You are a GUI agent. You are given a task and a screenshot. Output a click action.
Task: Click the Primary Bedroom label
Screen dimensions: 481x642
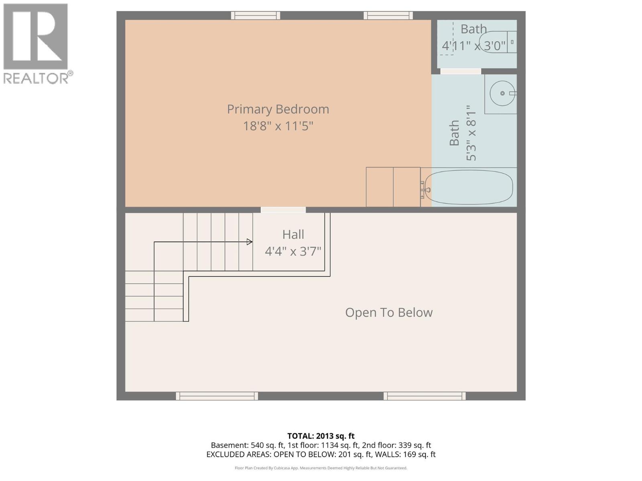pyautogui.click(x=278, y=109)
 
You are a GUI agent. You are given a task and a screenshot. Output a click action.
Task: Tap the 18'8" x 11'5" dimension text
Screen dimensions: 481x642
pyautogui.click(x=278, y=126)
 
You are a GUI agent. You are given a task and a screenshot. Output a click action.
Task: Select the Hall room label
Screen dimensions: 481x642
pyautogui.click(x=293, y=234)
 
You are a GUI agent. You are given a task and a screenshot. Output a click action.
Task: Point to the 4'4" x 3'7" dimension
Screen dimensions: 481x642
pyautogui.click(x=293, y=251)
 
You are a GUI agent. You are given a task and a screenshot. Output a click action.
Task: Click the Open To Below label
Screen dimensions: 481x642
pyautogui.click(x=389, y=313)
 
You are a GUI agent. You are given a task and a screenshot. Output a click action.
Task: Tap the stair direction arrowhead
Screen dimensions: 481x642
pyautogui.click(x=250, y=242)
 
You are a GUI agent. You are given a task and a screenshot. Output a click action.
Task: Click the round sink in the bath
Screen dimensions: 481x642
pyautogui.click(x=502, y=93)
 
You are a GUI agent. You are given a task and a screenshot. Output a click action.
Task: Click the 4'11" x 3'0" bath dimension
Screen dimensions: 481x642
pyautogui.click(x=473, y=46)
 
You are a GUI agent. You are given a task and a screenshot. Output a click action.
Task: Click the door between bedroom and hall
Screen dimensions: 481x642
pyautogui.click(x=283, y=210)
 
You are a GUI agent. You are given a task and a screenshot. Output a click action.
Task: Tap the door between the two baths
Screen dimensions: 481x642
pyautogui.click(x=461, y=71)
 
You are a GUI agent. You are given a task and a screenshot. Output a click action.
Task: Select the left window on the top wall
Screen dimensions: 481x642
pyautogui.click(x=256, y=16)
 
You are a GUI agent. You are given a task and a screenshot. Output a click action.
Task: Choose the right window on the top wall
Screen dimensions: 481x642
pyautogui.click(x=388, y=16)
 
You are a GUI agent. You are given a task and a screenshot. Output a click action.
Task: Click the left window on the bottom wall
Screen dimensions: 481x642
pyautogui.click(x=217, y=396)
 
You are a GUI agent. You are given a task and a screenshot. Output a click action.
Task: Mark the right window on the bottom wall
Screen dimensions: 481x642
pyautogui.click(x=425, y=396)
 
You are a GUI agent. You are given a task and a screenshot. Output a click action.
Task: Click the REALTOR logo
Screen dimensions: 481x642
pyautogui.click(x=36, y=43)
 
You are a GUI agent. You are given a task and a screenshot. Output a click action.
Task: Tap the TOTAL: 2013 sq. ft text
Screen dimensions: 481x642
pyautogui.click(x=321, y=436)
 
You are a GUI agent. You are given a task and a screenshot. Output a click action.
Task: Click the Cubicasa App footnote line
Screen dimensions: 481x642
pyautogui.click(x=321, y=468)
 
